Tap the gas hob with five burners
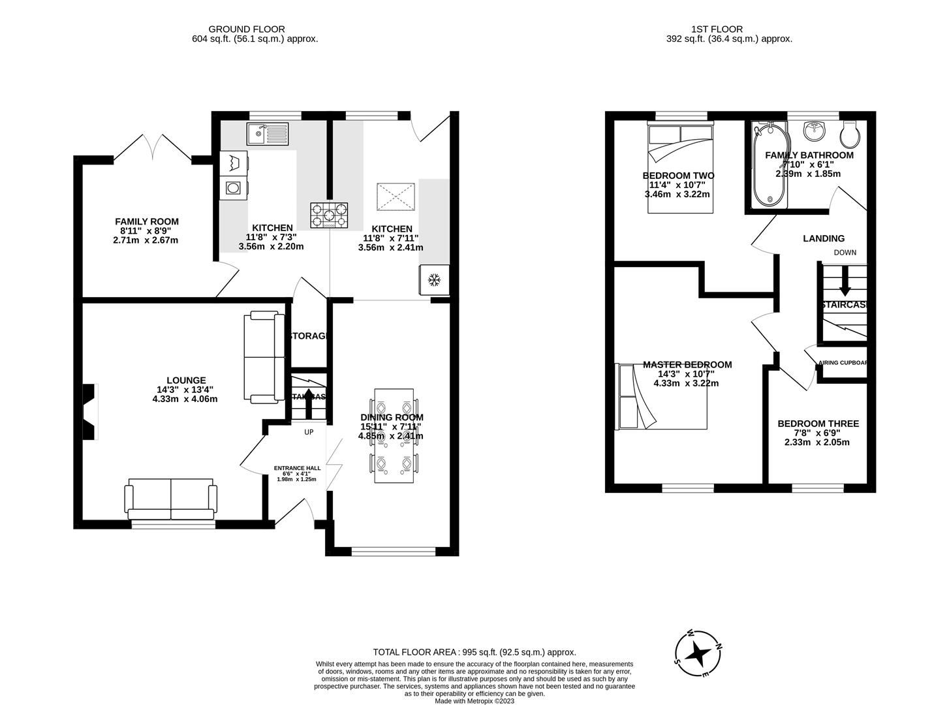330,215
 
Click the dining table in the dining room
394,435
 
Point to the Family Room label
146,222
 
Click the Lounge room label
186,381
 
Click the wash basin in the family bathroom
813,131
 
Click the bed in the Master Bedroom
663,397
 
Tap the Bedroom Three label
818,424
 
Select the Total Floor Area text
474,652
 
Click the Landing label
823,239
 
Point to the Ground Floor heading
246,29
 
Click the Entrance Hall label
297,468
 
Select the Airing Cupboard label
843,363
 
